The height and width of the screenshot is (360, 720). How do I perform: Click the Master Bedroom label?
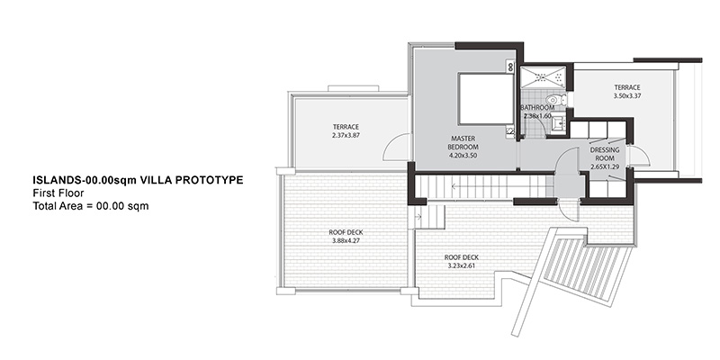(x=463, y=143)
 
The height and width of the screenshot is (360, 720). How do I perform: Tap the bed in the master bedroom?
(x=486, y=99)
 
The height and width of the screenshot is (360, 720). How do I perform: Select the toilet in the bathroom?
(x=556, y=99)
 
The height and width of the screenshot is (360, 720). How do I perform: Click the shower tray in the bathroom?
(x=543, y=76)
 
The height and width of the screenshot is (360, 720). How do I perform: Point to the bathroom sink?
(x=557, y=123)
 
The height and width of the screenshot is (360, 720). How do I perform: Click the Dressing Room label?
(x=605, y=153)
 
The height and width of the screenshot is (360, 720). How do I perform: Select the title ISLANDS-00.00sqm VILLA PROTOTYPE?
(x=138, y=180)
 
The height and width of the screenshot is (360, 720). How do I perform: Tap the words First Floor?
(x=58, y=193)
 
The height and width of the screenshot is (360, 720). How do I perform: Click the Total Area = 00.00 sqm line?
(x=91, y=206)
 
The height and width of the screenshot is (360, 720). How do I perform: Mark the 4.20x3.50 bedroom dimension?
(x=463, y=155)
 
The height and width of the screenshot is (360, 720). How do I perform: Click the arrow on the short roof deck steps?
(x=418, y=215)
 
